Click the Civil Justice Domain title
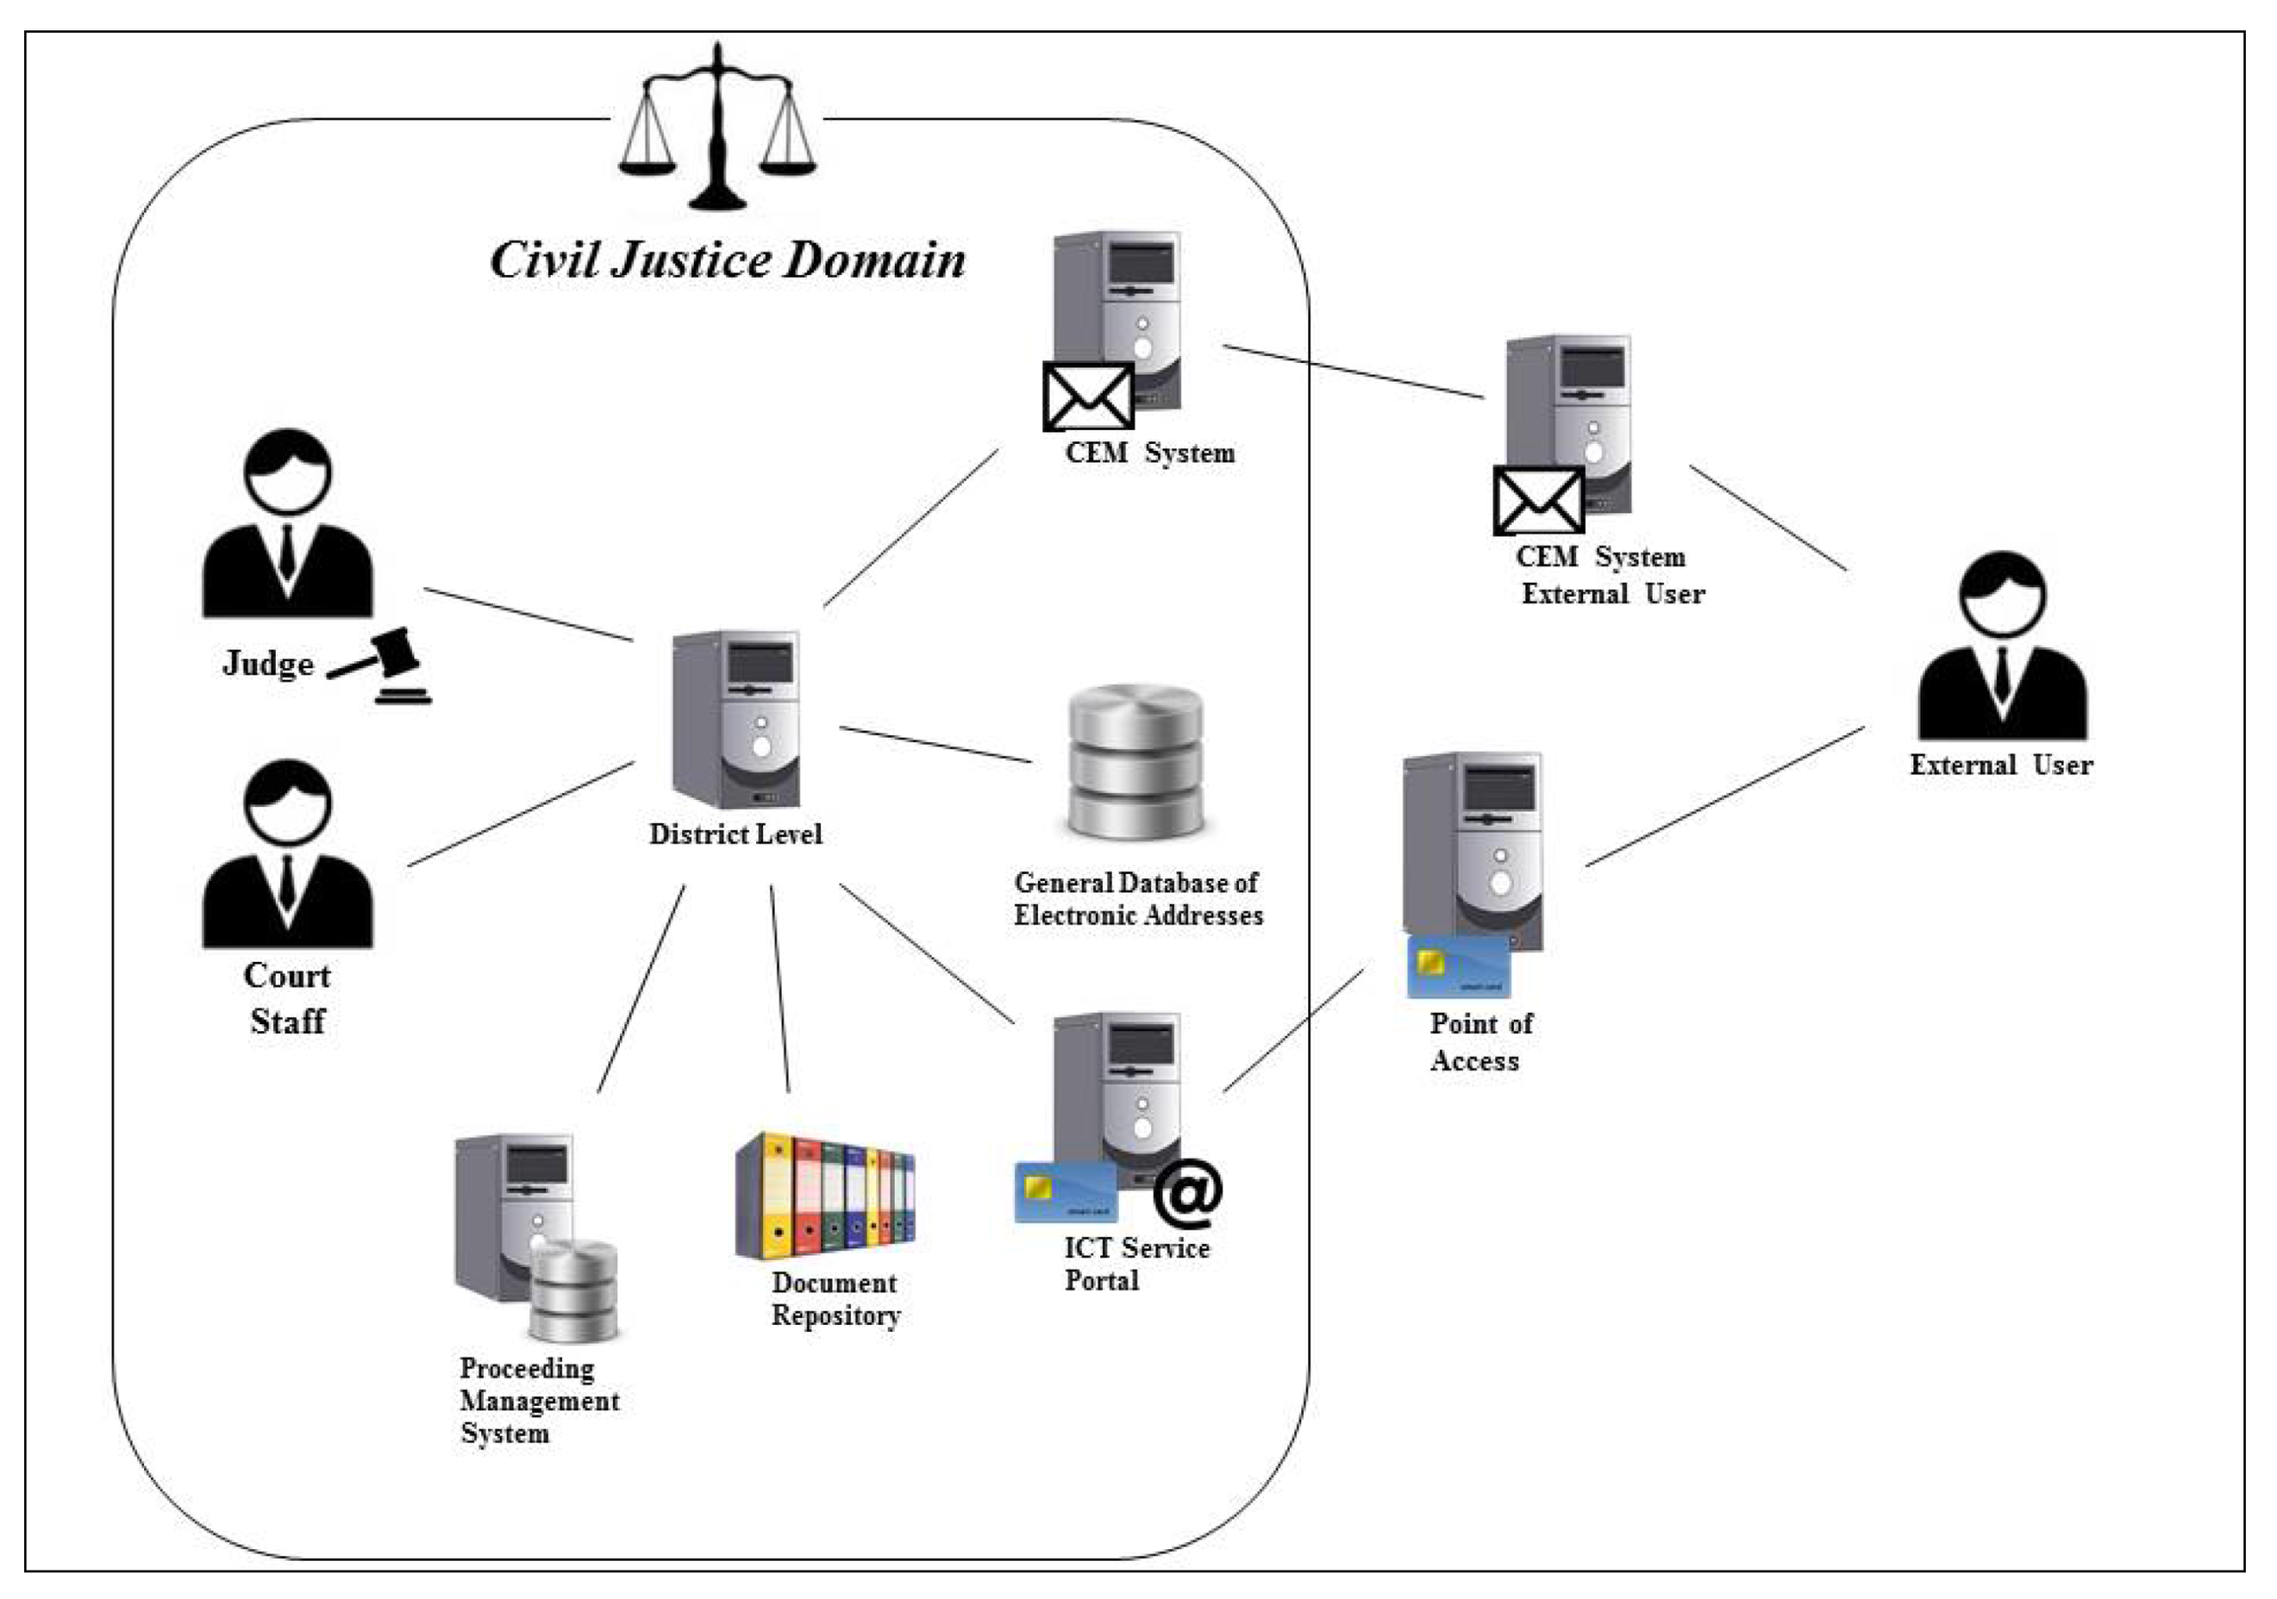[x=727, y=260]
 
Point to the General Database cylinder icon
[x=1137, y=762]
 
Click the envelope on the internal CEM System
[x=1088, y=397]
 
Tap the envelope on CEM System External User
[x=1538, y=501]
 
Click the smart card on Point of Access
[x=1458, y=966]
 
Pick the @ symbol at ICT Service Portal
[x=1187, y=1193]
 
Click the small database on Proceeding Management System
[x=573, y=1289]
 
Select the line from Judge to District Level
[x=528, y=615]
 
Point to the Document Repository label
[x=835, y=1298]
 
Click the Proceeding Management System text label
[x=538, y=1400]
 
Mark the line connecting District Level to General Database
[x=935, y=744]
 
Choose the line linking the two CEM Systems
[x=1354, y=372]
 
